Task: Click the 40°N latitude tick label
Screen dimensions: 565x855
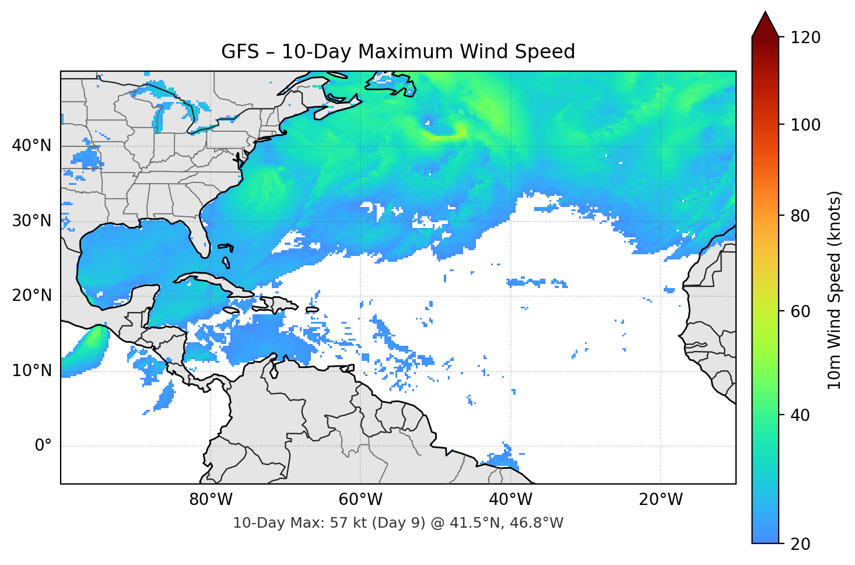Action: tap(31, 146)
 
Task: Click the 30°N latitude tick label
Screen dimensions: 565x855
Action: tap(31, 221)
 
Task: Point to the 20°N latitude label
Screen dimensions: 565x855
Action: tap(31, 296)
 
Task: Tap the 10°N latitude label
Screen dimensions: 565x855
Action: tap(31, 371)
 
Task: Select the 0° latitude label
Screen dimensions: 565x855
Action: tap(43, 446)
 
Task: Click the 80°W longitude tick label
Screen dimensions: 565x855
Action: tap(211, 500)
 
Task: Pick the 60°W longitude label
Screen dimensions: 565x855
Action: tap(361, 500)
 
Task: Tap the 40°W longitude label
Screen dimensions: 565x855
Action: tap(511, 500)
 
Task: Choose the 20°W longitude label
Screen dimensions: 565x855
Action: tap(661, 500)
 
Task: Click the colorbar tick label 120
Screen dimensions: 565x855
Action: tap(805, 37)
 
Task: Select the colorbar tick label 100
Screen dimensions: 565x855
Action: tap(805, 125)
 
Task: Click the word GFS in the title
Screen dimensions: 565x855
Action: tap(240, 52)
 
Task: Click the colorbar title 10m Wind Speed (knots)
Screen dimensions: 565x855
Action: tap(835, 290)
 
